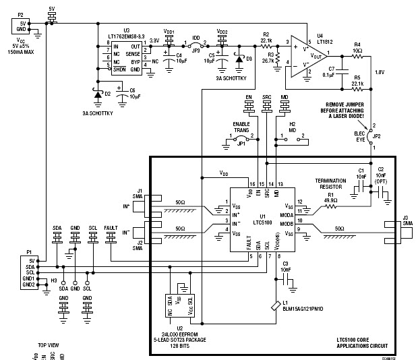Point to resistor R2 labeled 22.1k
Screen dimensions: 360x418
[x=266, y=38]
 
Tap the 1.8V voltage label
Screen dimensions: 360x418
[x=379, y=73]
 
